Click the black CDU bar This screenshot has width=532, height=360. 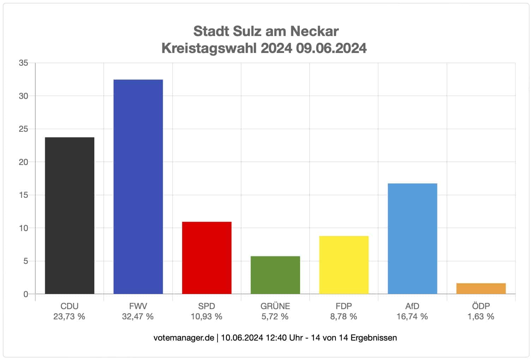(x=70, y=216)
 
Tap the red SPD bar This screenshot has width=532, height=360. (x=207, y=258)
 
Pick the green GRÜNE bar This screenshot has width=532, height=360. (x=275, y=275)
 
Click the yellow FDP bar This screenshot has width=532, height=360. (x=343, y=265)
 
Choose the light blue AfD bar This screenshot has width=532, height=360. (x=412, y=238)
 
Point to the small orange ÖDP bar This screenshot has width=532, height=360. (x=481, y=289)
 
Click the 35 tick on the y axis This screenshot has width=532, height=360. (x=23, y=63)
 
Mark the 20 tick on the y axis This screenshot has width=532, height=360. (x=23, y=162)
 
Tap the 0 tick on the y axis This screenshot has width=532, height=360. (x=25, y=294)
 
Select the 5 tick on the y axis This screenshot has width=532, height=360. (x=25, y=261)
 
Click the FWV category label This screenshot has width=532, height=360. (x=138, y=306)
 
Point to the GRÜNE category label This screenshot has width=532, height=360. (x=275, y=306)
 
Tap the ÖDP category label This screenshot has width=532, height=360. (x=481, y=306)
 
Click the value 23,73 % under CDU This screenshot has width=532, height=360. (x=69, y=317)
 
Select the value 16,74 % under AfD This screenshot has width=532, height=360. (x=412, y=317)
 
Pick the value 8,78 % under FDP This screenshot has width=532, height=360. (x=343, y=317)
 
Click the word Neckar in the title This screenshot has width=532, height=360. (x=314, y=31)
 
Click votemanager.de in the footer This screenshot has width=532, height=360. (x=184, y=338)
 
